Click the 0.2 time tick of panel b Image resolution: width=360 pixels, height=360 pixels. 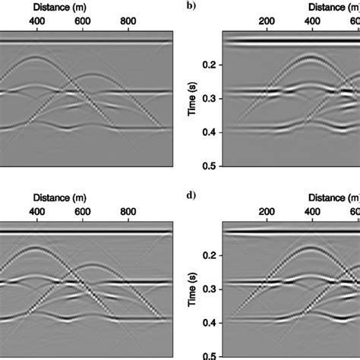coord(206,66)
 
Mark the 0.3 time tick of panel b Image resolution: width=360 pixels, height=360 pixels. coord(206,99)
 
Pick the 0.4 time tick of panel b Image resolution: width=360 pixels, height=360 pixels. coord(206,133)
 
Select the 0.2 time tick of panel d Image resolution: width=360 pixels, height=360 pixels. coord(206,256)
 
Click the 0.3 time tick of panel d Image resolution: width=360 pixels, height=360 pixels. coord(206,289)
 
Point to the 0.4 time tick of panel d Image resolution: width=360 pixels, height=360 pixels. coord(206,323)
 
